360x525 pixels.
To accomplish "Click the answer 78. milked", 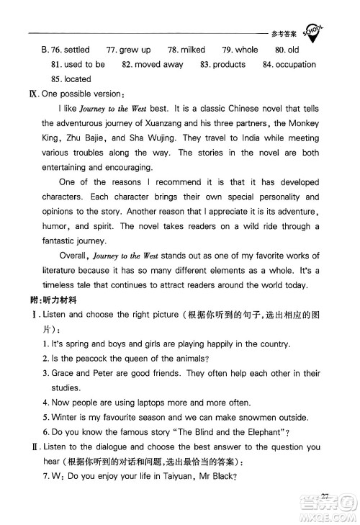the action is click(186, 50).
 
